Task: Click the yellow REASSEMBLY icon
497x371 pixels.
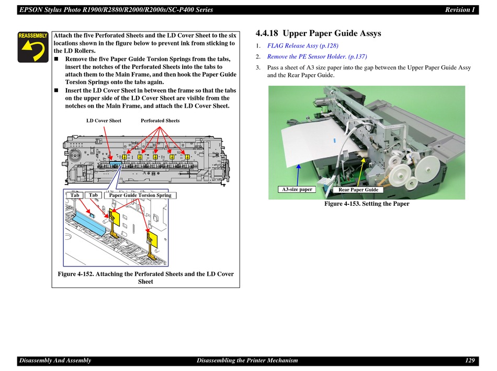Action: pos(33,47)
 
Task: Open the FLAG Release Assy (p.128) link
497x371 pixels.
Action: pos(302,45)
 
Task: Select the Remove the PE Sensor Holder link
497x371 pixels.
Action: pos(317,56)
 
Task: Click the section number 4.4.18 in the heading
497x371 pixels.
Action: pos(267,33)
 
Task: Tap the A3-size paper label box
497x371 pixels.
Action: pos(297,189)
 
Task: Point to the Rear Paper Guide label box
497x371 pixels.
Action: pos(358,190)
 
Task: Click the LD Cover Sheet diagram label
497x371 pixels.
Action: pos(104,121)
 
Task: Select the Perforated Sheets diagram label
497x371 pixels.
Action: pos(160,121)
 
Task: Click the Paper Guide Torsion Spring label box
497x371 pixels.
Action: pos(140,195)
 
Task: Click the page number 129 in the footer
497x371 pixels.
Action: pos(470,360)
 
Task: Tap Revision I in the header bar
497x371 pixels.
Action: pos(460,10)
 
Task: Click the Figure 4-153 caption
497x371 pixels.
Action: pos(367,204)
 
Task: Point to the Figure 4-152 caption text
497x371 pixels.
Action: pos(145,277)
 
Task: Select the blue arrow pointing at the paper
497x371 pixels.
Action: pos(298,175)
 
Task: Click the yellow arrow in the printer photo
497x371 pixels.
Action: pos(361,172)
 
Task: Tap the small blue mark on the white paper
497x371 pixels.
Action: pos(334,140)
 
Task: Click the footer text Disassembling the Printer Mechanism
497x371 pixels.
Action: pos(247,360)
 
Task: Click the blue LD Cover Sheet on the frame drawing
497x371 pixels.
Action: pos(116,163)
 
